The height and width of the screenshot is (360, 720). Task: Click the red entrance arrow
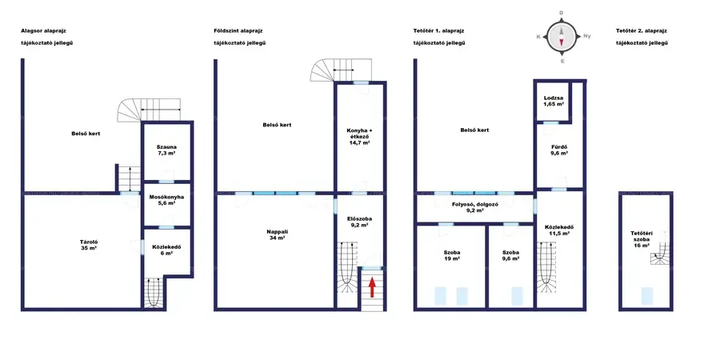(372, 287)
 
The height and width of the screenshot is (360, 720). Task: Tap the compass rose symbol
(561, 37)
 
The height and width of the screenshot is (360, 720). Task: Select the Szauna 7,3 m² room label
(166, 150)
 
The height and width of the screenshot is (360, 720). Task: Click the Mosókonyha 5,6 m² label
(166, 201)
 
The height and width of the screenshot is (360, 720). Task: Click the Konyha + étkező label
(359, 136)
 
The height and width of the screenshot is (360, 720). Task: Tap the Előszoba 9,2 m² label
(359, 222)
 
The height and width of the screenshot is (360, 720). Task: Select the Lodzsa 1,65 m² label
(554, 102)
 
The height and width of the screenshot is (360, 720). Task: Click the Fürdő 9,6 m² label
(559, 150)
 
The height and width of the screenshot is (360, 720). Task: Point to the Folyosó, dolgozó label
(474, 207)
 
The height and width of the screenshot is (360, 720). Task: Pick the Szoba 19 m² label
(451, 255)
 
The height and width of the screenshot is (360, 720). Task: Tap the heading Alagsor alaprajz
(47, 30)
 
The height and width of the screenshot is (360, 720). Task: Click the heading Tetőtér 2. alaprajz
(642, 30)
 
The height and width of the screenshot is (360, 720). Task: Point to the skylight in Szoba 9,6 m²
(517, 296)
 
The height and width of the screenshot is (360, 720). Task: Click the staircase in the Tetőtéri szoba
(660, 254)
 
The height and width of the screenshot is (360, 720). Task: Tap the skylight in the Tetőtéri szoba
(647, 296)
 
